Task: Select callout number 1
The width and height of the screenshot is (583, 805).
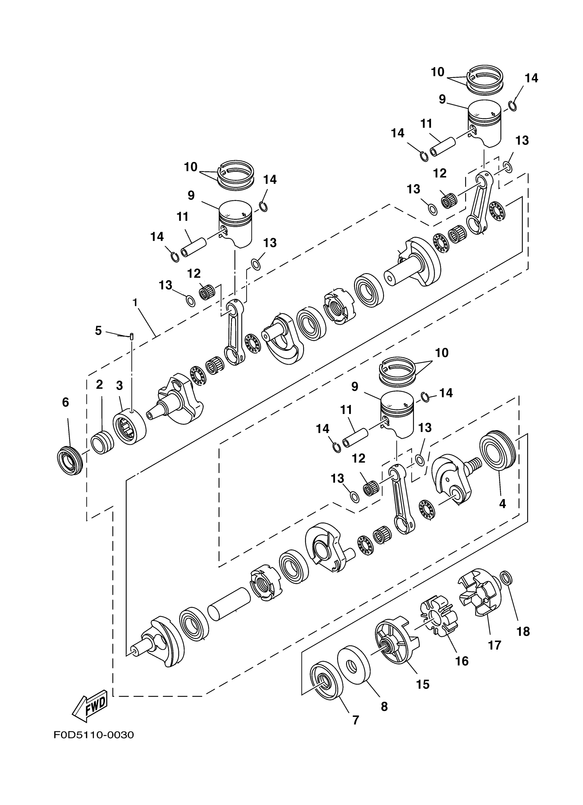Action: click(x=135, y=303)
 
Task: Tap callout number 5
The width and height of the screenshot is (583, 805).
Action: click(x=98, y=330)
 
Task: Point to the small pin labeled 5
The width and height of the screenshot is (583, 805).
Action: click(x=132, y=336)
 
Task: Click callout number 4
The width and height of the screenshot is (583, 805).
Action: click(x=502, y=503)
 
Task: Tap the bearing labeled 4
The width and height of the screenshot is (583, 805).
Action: click(x=497, y=451)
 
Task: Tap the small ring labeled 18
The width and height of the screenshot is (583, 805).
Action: click(x=506, y=578)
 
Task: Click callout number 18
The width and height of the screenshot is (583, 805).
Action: click(x=523, y=631)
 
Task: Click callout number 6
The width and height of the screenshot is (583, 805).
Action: click(x=65, y=402)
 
